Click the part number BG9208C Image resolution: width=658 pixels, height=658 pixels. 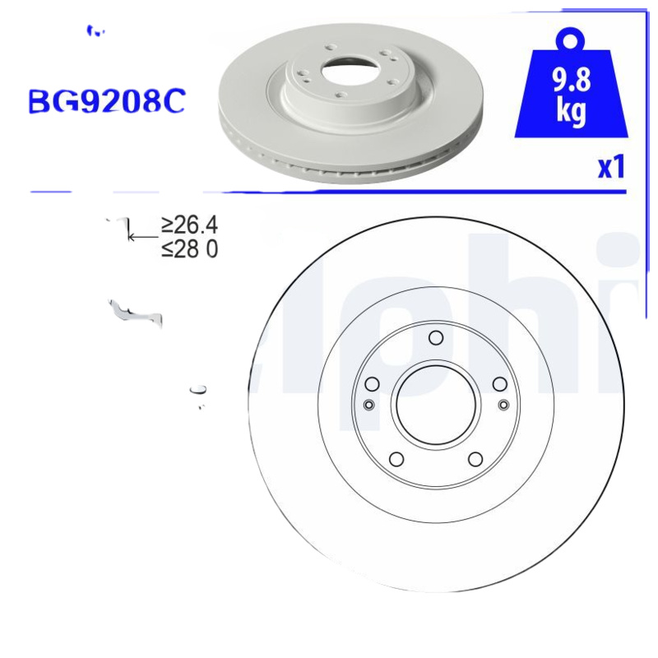point(107,100)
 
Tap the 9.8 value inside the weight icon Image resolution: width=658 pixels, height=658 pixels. point(571,81)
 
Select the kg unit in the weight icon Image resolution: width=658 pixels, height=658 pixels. point(571,111)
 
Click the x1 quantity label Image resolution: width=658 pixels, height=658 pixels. point(611,168)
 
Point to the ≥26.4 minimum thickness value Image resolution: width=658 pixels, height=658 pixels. point(189,224)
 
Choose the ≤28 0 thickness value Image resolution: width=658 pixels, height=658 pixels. point(189,248)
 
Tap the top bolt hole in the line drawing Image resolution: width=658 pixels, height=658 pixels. point(436,337)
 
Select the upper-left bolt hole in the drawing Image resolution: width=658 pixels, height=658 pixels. point(372,384)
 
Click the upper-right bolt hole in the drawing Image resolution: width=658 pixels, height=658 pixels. point(499,384)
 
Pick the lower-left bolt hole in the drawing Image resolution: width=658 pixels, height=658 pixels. point(396,458)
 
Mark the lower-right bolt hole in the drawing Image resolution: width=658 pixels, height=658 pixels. point(475,458)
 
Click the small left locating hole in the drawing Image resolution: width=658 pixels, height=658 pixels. point(368,404)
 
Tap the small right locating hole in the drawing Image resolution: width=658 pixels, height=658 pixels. point(504,404)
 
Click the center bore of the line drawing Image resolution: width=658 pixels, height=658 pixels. point(436,405)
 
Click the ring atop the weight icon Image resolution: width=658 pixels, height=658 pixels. point(571,39)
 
